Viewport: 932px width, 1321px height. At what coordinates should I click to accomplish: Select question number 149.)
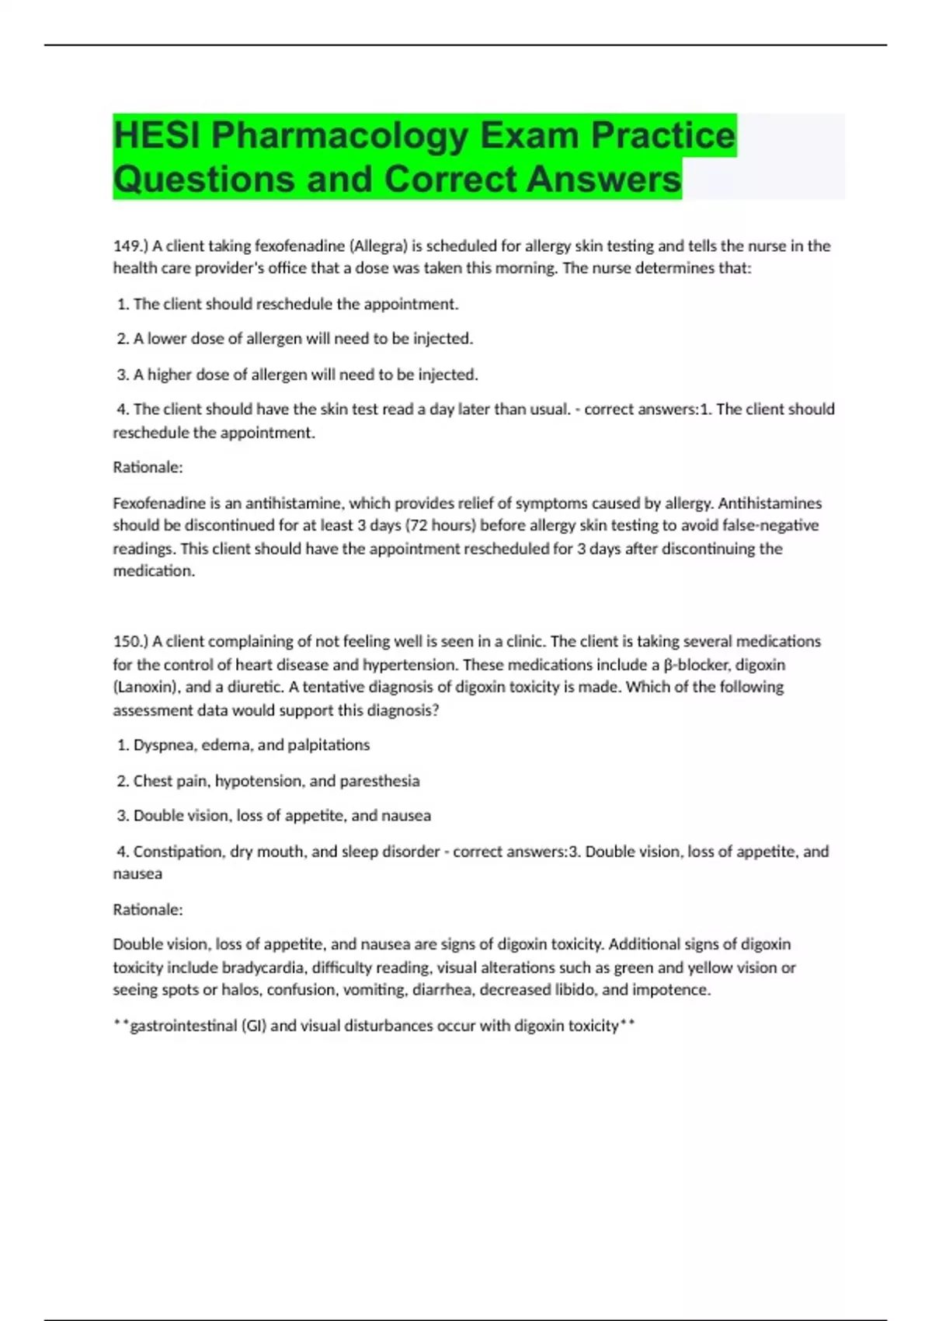(130, 246)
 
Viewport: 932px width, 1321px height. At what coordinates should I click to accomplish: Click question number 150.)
(130, 642)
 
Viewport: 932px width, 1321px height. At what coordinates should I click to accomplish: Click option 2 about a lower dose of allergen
(295, 339)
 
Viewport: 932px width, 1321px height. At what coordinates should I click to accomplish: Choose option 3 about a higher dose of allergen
(297, 375)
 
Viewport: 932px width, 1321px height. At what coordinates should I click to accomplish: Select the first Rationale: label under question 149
(148, 467)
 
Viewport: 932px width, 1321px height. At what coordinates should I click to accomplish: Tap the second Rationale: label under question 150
(148, 909)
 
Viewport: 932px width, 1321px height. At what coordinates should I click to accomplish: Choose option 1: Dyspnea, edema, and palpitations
(243, 745)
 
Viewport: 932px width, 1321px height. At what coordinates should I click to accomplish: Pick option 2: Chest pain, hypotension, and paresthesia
(268, 781)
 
